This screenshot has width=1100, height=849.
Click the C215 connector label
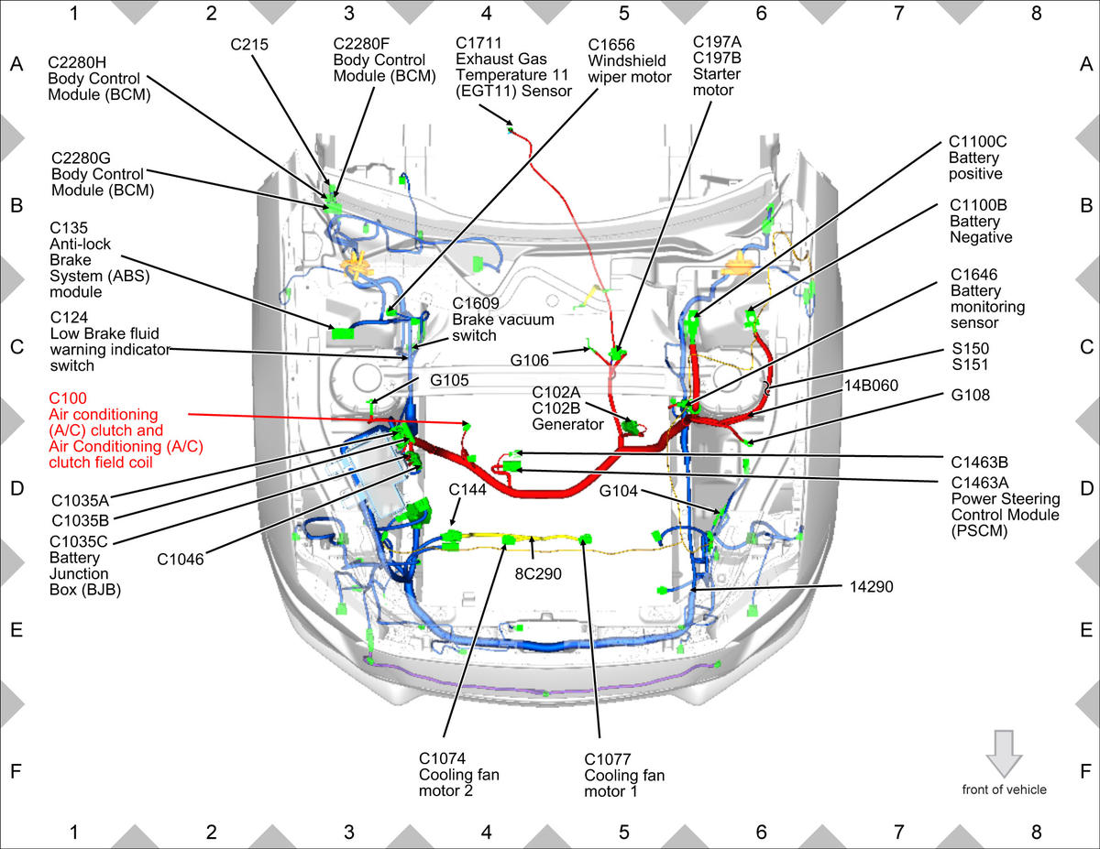[x=249, y=45]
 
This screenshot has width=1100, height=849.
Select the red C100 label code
[x=68, y=398]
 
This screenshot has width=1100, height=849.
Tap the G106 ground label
[x=529, y=360]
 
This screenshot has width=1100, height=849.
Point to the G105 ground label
[x=449, y=380]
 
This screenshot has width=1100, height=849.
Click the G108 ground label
[x=970, y=395]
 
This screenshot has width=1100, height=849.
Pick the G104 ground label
[x=618, y=491]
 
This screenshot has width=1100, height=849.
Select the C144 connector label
[x=467, y=489]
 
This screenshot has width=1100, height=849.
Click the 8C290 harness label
[x=538, y=574]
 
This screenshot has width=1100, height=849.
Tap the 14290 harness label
[x=871, y=586]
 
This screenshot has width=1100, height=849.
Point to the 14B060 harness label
[x=871, y=386]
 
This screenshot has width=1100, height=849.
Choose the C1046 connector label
[x=181, y=560]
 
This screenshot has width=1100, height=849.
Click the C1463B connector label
[x=980, y=463]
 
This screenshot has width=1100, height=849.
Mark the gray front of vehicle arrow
[x=1004, y=754]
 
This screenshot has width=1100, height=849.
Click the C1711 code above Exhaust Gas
[x=478, y=43]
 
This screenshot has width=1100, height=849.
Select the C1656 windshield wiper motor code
[x=611, y=45]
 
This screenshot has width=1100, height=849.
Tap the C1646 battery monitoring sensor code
[x=973, y=275]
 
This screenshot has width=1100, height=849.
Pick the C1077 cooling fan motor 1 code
[x=608, y=759]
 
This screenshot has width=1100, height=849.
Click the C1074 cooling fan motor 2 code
[x=442, y=758]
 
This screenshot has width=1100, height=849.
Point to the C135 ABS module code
[x=69, y=228]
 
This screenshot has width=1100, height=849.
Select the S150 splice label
[x=971, y=348]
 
